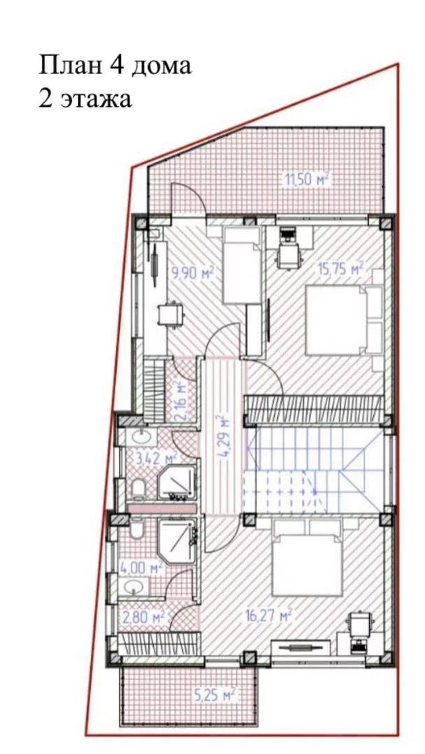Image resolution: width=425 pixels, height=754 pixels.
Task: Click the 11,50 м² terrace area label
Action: (307, 180)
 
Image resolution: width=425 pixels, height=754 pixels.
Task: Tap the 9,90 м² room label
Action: (193, 273)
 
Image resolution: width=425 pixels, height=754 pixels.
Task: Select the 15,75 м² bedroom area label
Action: (340, 268)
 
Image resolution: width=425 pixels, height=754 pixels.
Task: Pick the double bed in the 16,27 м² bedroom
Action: (307, 558)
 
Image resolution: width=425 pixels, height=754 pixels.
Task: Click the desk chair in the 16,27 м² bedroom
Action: (358, 625)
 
